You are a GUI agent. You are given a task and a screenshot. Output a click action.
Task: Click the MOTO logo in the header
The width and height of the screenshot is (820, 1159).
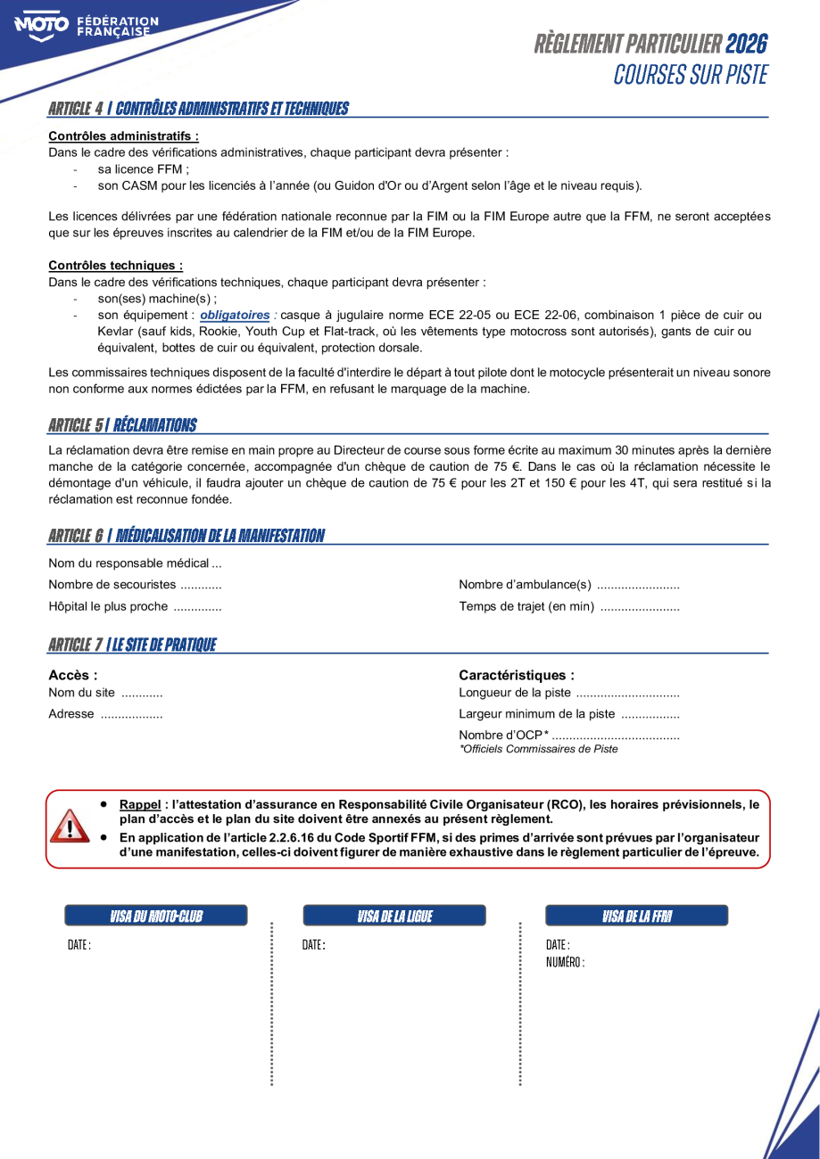[41, 24]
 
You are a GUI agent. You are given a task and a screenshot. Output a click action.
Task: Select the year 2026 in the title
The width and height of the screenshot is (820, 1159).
[746, 44]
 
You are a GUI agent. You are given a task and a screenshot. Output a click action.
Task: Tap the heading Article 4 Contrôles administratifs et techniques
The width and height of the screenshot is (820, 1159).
[198, 109]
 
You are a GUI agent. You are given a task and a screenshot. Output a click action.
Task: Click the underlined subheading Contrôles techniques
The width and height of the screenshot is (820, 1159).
[115, 266]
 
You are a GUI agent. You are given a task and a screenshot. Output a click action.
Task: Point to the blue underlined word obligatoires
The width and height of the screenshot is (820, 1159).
[235, 315]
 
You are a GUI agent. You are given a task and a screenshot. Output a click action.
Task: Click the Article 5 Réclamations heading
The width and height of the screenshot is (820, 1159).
[122, 425]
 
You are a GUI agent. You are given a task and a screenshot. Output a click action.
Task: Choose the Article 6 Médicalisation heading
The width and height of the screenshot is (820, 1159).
[186, 536]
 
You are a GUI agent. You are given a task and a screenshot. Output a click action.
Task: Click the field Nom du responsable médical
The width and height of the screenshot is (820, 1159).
[135, 563]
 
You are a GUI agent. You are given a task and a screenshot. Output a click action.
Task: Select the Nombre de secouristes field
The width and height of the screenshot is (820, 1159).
[135, 585]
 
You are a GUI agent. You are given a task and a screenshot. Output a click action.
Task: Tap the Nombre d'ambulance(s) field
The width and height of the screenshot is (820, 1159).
[568, 585]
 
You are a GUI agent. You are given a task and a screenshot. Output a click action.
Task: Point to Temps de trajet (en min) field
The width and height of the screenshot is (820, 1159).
[568, 607]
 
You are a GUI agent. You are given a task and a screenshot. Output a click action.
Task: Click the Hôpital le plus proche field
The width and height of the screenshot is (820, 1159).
[135, 607]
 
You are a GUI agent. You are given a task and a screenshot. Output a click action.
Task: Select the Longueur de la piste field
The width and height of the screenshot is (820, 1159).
[568, 693]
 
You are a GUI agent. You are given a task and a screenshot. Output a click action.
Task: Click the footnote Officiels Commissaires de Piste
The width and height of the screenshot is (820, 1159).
[538, 749]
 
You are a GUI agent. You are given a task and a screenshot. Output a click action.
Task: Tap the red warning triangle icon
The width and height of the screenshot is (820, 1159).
[69, 826]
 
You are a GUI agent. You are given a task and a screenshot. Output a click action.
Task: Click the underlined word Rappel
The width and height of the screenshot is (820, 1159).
[139, 804]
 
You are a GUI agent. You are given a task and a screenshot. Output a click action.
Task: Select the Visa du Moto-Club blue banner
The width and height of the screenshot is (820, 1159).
[156, 916]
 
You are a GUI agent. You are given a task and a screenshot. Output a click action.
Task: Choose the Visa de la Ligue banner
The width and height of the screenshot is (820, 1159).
[394, 916]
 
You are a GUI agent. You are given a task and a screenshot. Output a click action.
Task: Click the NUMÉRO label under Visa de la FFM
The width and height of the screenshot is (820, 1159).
[565, 962]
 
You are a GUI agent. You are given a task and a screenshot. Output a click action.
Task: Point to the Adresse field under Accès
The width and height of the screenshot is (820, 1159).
[105, 714]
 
